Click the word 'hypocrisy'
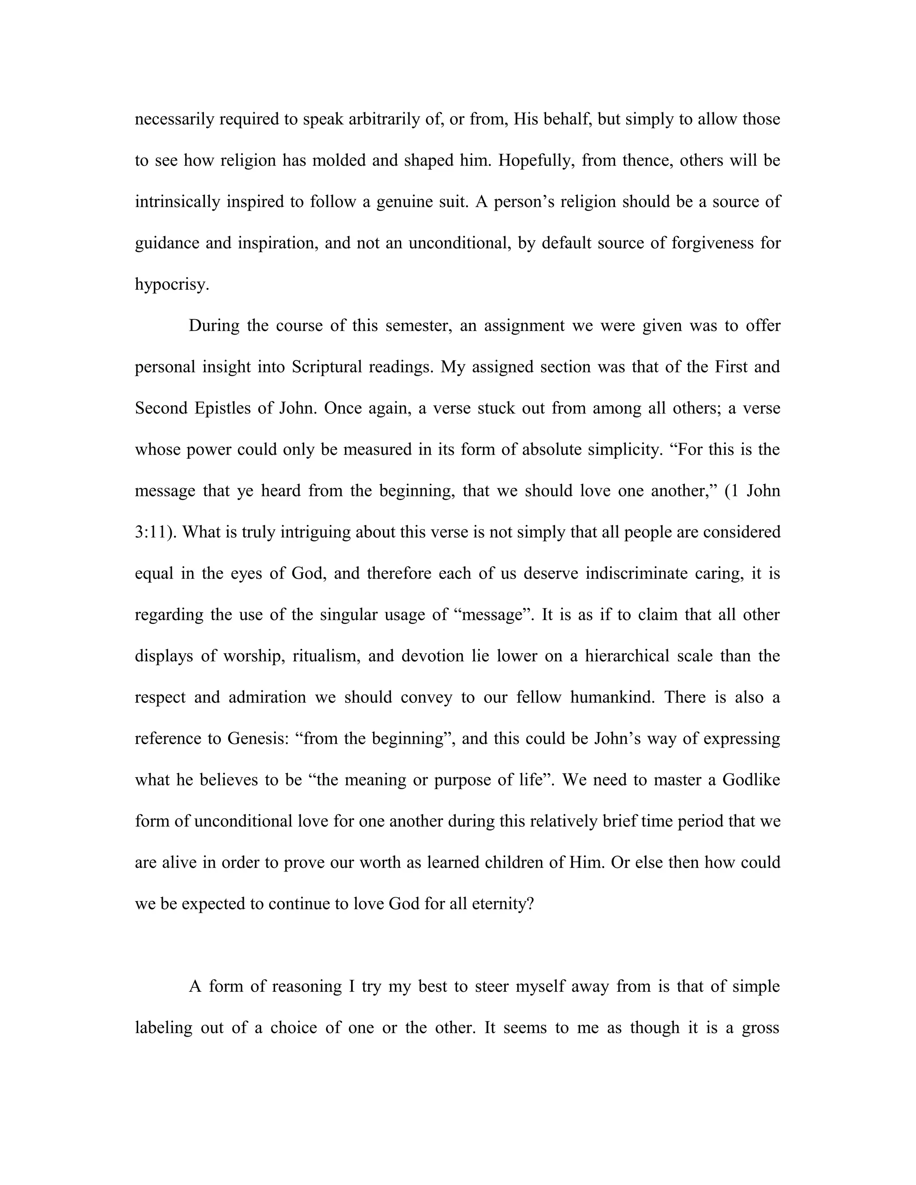(x=170, y=285)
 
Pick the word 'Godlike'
(x=751, y=780)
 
